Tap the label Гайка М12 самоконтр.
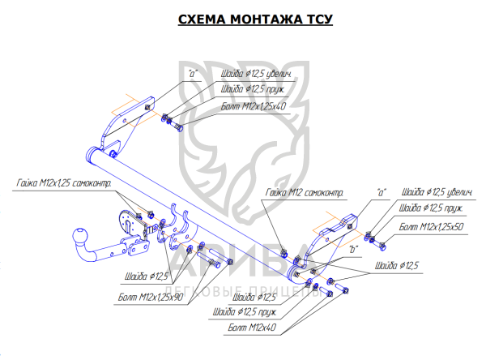point(303,193)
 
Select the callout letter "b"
point(354,251)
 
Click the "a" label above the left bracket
point(193,73)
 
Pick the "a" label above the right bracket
point(382,192)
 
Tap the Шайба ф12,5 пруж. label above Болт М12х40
point(245,312)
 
